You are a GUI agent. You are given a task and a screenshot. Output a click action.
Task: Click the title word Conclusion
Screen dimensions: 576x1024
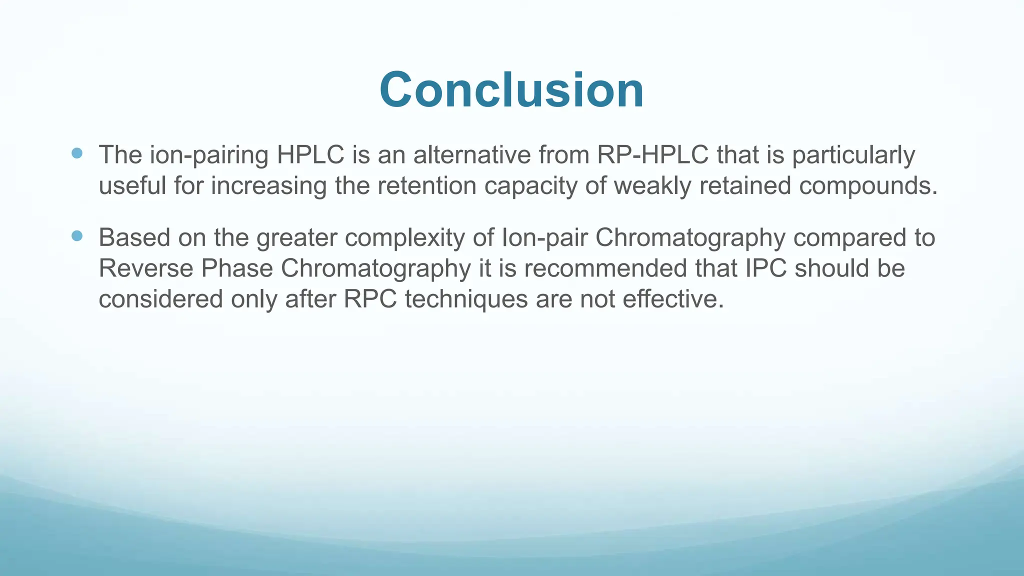511,90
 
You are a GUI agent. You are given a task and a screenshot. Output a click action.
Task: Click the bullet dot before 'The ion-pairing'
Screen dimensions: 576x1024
77,153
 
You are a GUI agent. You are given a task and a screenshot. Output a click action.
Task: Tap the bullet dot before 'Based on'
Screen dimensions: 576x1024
77,236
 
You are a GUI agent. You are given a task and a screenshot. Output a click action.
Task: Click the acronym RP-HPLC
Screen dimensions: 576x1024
652,154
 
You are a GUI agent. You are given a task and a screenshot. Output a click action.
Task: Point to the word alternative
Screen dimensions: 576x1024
471,154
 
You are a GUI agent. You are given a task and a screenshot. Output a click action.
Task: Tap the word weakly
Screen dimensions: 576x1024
650,185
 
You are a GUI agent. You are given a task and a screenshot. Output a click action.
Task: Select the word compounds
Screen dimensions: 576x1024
868,186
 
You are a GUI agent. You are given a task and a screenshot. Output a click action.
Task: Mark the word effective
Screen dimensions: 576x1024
673,299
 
